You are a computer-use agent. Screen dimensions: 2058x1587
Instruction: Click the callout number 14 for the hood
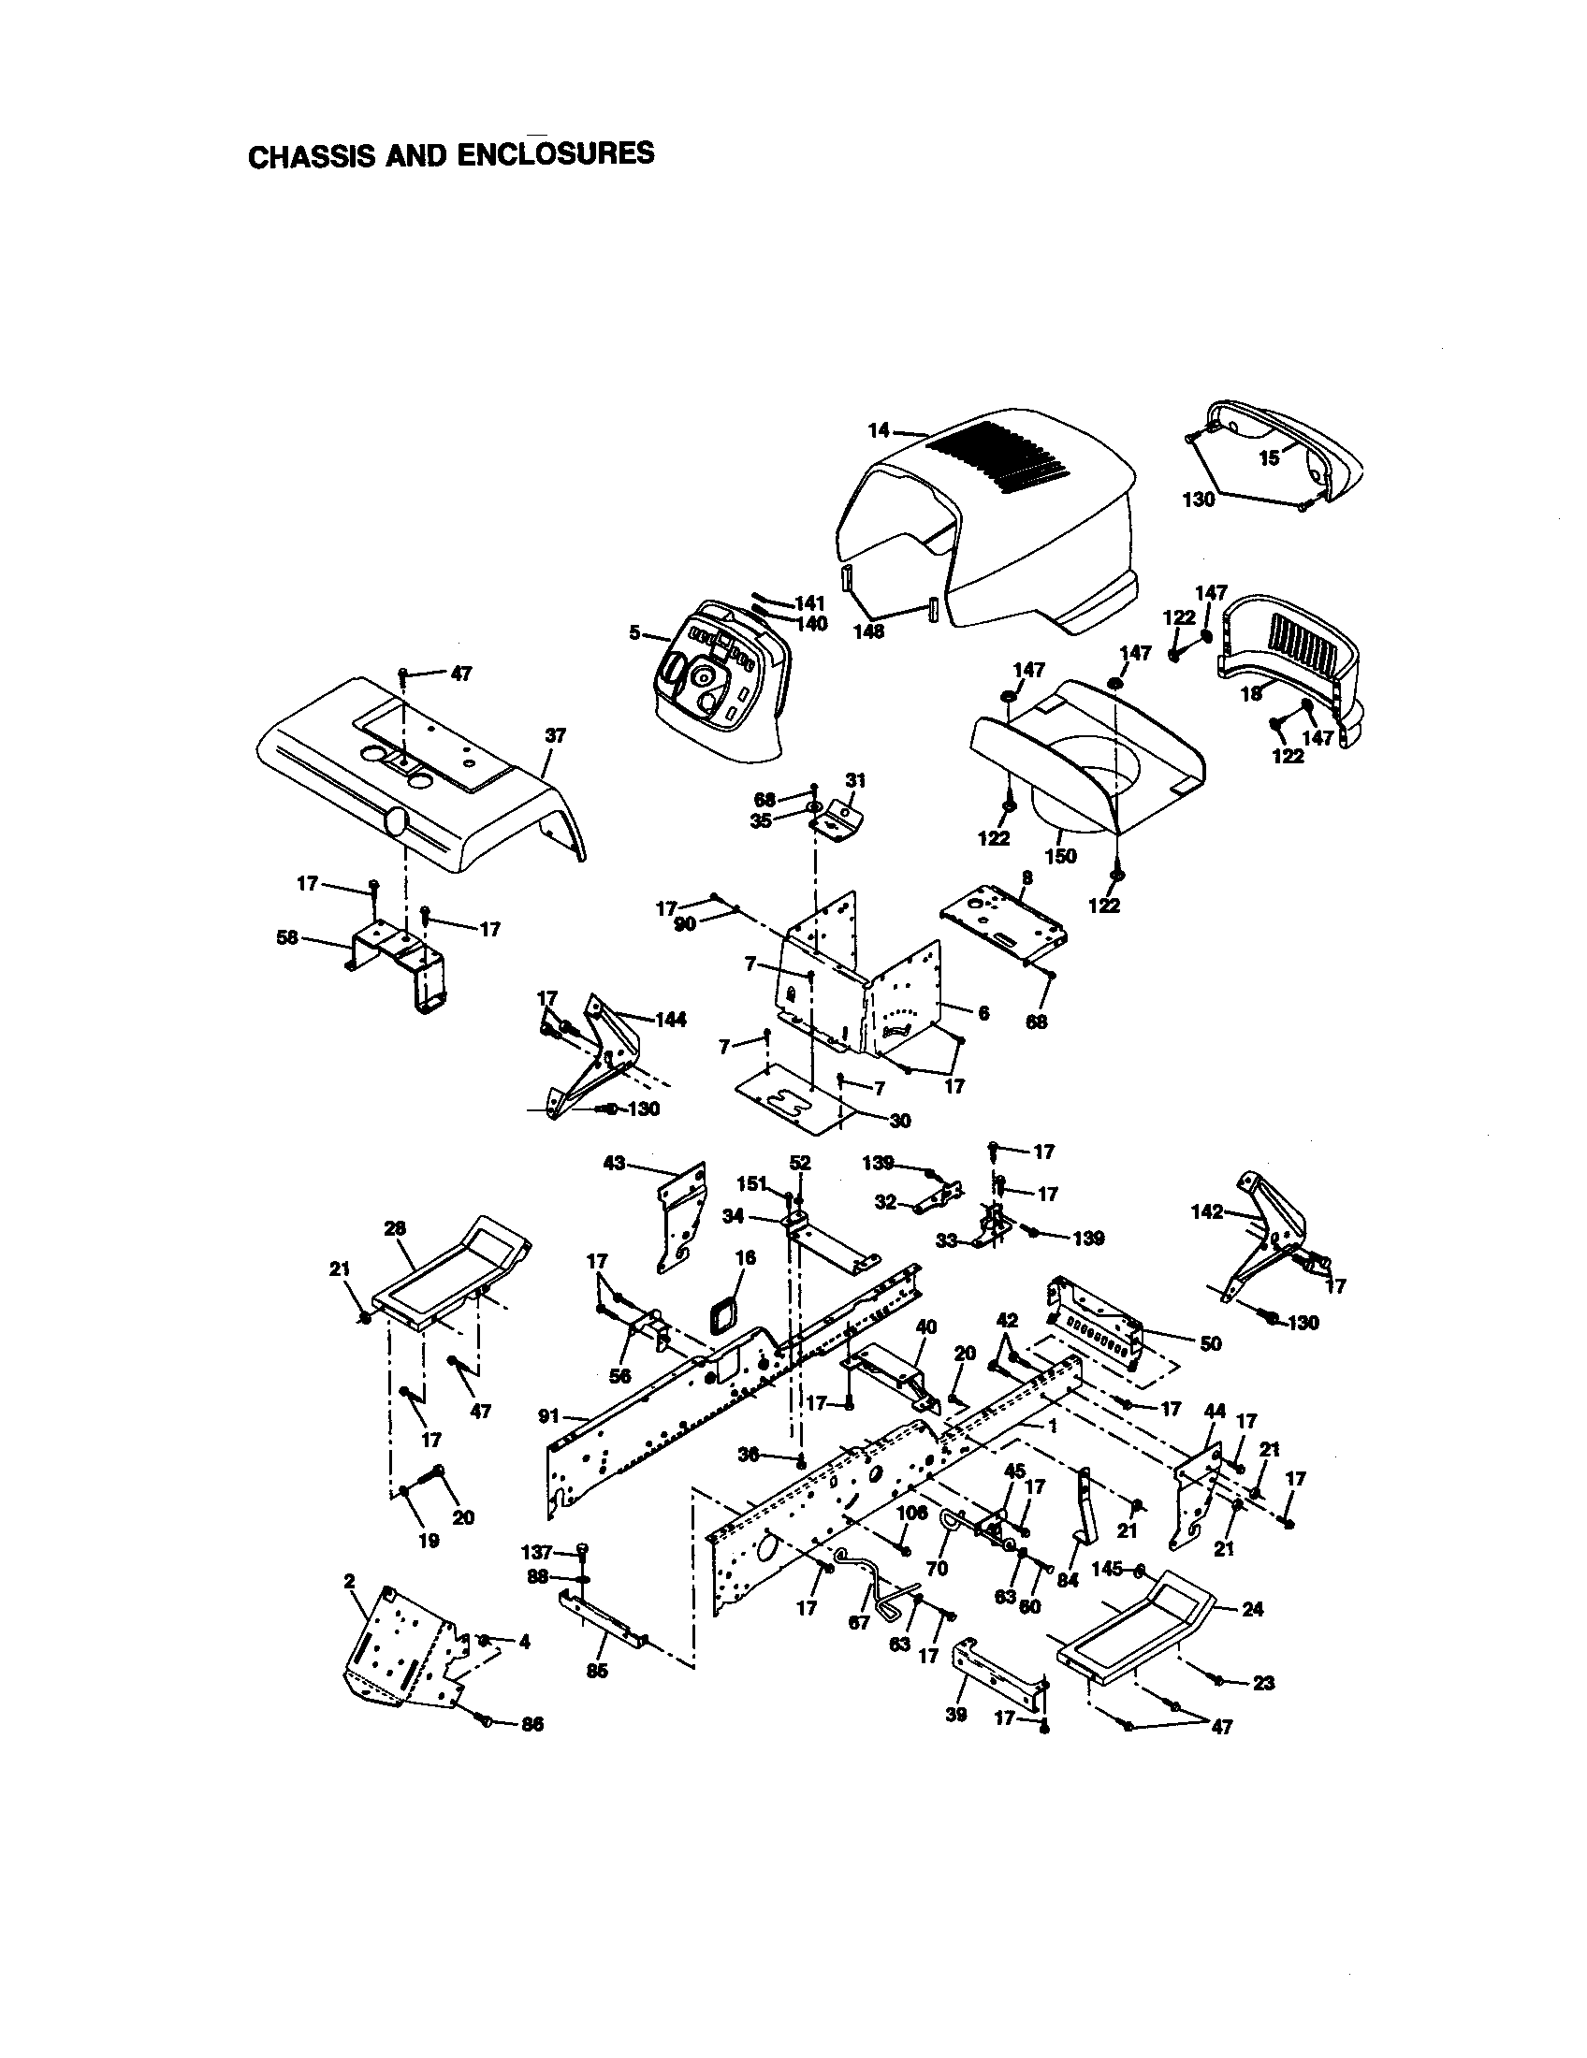point(879,430)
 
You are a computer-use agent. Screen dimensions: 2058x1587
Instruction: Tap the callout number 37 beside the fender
point(555,735)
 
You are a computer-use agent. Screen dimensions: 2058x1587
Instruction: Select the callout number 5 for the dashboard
point(635,632)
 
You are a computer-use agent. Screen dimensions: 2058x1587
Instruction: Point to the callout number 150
point(1061,857)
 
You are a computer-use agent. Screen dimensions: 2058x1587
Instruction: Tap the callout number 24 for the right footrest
point(1252,1610)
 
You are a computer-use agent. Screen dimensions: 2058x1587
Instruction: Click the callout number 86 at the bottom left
point(532,1724)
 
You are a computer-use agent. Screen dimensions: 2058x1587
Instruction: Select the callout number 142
point(1207,1211)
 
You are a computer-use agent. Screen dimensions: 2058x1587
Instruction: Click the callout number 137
point(536,1551)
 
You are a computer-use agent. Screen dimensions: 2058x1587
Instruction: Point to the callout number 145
point(1107,1569)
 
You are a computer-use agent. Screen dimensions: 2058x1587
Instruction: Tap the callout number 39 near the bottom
point(955,1715)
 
